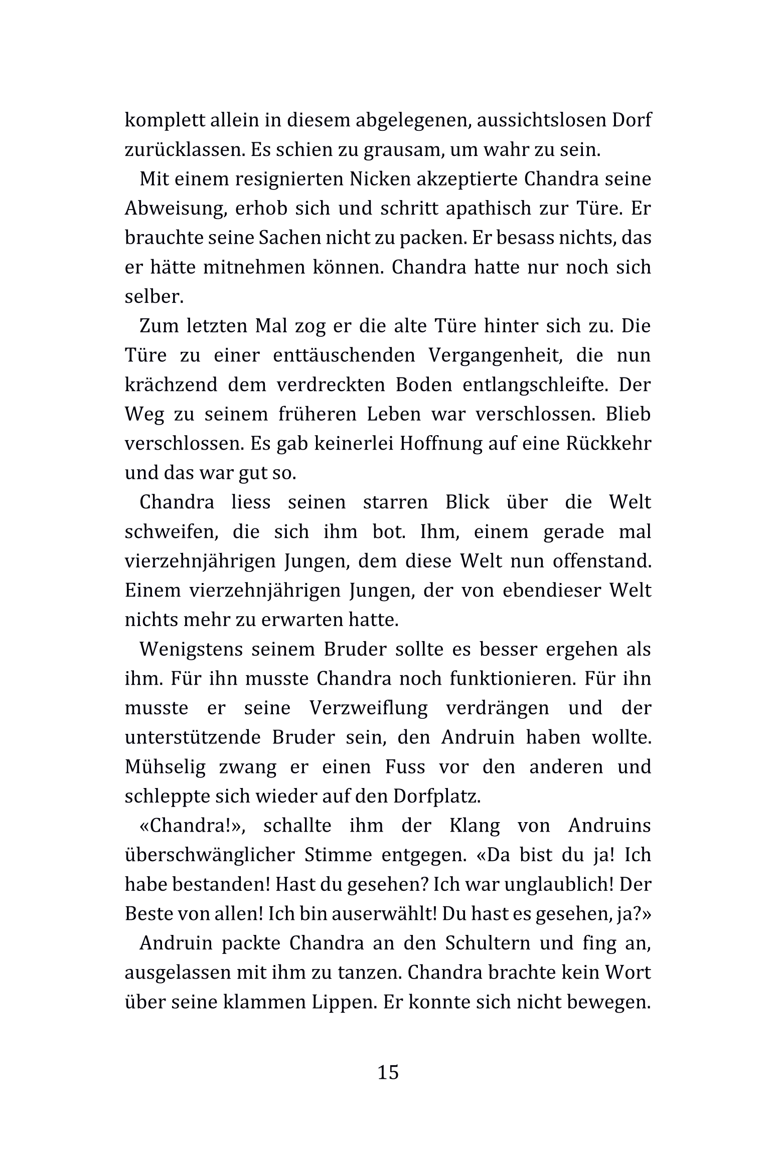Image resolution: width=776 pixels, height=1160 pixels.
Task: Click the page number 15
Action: (x=388, y=1072)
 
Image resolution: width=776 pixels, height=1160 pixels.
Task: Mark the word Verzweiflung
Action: (x=369, y=708)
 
